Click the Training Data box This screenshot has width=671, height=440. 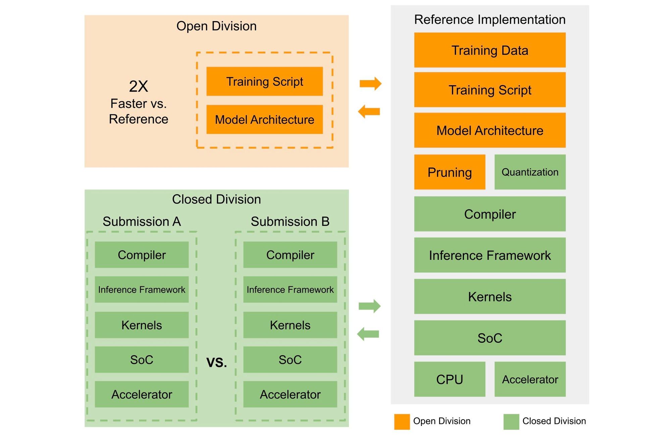click(489, 50)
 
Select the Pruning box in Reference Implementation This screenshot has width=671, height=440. click(450, 172)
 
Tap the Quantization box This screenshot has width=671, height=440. click(530, 172)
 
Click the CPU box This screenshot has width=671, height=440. click(450, 379)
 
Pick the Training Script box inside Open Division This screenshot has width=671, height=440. click(264, 81)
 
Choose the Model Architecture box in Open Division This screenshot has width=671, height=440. click(264, 120)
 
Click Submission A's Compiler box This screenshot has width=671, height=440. click(142, 255)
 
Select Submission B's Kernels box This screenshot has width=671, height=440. click(290, 325)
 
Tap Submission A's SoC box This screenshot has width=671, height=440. click(142, 360)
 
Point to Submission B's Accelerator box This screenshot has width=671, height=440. click(290, 394)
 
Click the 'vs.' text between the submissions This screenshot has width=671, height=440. click(216, 362)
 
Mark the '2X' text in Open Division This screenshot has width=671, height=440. click(138, 87)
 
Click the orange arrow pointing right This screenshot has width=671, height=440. click(370, 84)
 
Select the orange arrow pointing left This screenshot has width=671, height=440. click(369, 111)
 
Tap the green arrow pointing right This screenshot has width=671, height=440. click(369, 306)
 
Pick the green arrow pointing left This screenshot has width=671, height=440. click(368, 334)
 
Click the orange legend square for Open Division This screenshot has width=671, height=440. click(402, 422)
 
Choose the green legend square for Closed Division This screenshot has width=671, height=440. click(511, 422)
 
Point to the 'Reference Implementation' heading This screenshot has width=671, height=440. click(489, 19)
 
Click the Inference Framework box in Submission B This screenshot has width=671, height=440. click(290, 289)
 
